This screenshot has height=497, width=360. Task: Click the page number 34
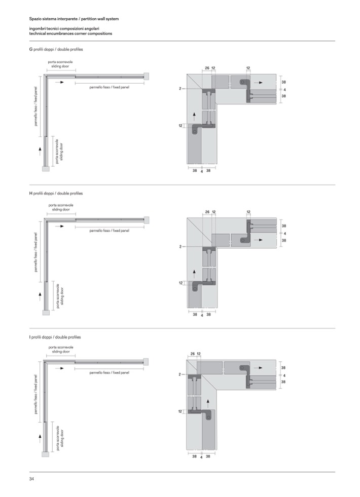click(31, 479)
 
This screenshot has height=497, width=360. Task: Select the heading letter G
click(31, 50)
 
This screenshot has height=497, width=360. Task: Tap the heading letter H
click(31, 194)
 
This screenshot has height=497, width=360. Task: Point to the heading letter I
click(30, 337)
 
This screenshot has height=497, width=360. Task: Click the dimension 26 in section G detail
click(207, 68)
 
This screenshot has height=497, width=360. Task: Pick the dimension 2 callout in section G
click(180, 89)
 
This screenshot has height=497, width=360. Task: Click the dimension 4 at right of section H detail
click(284, 233)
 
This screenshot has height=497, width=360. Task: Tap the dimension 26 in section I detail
click(193, 354)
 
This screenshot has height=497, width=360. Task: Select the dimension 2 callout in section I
click(180, 374)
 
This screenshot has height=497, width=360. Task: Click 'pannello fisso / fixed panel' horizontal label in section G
click(109, 87)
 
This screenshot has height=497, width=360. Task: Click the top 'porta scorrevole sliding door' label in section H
click(60, 207)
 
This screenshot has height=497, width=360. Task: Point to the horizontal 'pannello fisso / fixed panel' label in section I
click(109, 372)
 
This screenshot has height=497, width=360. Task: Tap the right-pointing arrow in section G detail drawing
click(258, 82)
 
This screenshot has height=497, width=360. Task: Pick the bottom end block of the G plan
click(46, 169)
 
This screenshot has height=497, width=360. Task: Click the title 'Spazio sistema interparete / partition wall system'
click(74, 19)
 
